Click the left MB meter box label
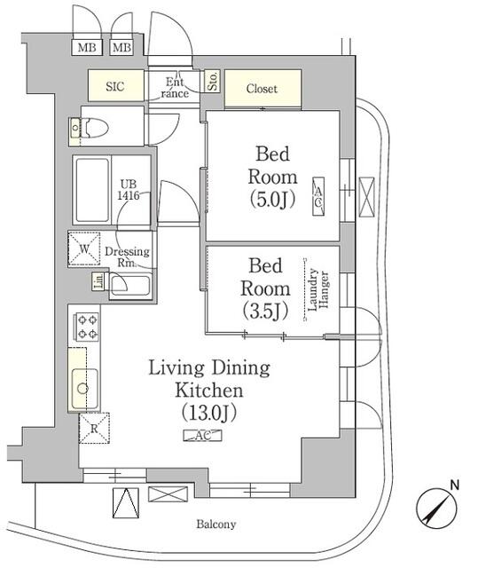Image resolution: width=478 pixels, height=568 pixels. click(87, 47)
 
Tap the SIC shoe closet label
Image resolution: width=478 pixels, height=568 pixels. click(115, 86)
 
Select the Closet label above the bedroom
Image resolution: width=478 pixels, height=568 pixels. click(262, 89)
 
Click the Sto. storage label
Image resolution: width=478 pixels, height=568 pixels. click(213, 81)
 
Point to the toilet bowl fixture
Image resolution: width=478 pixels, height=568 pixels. click(95, 128)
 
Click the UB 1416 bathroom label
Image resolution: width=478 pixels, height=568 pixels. click(129, 189)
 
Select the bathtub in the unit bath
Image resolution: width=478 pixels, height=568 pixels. click(91, 191)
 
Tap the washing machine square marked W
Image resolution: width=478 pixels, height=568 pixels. click(84, 248)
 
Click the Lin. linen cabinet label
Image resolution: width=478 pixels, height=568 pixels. click(98, 280)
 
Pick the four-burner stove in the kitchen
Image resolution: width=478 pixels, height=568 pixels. click(87, 327)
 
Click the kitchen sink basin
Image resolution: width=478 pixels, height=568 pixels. click(84, 388)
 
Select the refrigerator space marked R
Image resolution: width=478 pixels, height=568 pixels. click(94, 428)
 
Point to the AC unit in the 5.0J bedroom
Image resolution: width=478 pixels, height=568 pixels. click(318, 197)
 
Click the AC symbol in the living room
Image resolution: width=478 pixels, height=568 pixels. click(202, 436)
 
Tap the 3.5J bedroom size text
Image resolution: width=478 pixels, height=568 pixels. click(265, 311)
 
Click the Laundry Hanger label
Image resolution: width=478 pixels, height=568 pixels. click(317, 290)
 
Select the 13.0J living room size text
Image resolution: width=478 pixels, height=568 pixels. click(209, 413)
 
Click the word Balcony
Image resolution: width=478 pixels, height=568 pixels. click(216, 524)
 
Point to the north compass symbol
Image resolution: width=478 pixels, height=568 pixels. click(436, 508)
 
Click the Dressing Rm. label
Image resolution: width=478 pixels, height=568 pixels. click(127, 256)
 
